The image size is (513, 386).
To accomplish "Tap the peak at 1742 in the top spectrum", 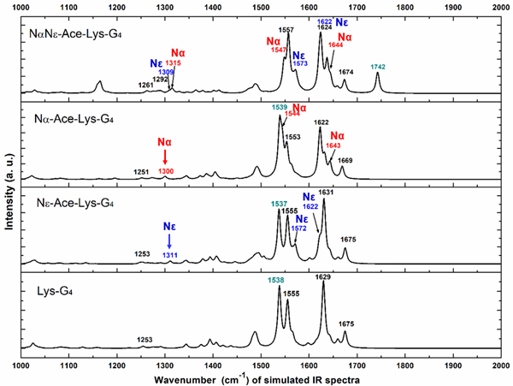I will click(378, 74).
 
